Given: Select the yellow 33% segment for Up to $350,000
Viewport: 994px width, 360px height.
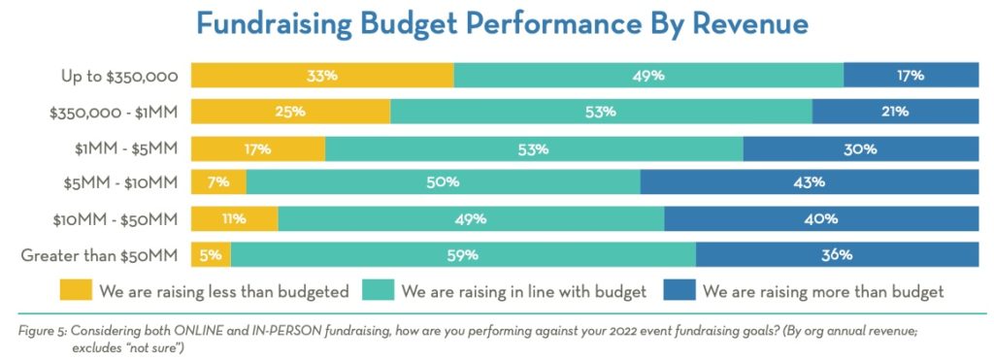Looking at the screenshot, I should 322,75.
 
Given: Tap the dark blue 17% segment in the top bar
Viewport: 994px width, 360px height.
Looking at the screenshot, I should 911,75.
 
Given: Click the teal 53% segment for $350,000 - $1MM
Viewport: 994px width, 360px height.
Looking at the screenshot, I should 601,112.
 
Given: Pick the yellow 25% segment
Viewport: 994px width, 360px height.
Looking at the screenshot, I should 290,112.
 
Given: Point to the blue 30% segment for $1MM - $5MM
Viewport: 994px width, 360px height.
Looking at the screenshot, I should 860,148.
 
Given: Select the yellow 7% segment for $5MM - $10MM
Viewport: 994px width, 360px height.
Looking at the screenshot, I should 218,182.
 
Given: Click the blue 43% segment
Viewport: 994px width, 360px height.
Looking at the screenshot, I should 809,182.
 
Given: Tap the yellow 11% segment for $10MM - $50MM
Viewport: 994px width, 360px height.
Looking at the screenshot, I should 234,219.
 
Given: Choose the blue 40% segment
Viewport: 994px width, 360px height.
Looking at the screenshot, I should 821,219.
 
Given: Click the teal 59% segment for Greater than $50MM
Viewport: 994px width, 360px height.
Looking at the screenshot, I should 463,255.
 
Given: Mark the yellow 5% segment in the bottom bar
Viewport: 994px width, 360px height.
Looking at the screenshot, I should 211,255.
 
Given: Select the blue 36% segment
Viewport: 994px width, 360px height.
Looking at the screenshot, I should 837,255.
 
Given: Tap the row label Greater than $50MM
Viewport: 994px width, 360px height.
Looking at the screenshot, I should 99,255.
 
